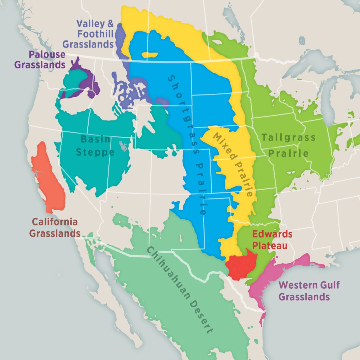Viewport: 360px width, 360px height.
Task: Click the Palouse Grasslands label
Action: pyautogui.click(x=40, y=59)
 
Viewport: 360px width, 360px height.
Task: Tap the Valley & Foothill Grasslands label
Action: pyautogui.click(x=88, y=34)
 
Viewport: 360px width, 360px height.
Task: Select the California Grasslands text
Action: pyautogui.click(x=55, y=227)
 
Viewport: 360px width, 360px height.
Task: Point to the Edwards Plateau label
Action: pyautogui.click(x=272, y=239)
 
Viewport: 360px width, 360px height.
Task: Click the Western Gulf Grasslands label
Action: pyautogui.click(x=304, y=291)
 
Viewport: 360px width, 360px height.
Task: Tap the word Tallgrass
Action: pyautogui.click(x=288, y=137)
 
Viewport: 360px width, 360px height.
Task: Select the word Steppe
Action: pyautogui.click(x=95, y=152)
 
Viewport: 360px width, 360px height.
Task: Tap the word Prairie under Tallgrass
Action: pyautogui.click(x=288, y=153)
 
